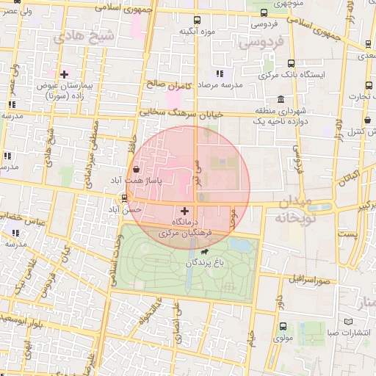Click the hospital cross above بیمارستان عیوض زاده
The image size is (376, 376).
coord(65,74)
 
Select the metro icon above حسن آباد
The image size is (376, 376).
coord(123,198)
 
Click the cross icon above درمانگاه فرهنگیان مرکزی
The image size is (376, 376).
coord(184,211)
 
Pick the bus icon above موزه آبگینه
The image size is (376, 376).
coord(195,21)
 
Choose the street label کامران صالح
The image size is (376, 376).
coord(169,84)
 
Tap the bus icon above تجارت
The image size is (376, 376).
coord(361,84)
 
